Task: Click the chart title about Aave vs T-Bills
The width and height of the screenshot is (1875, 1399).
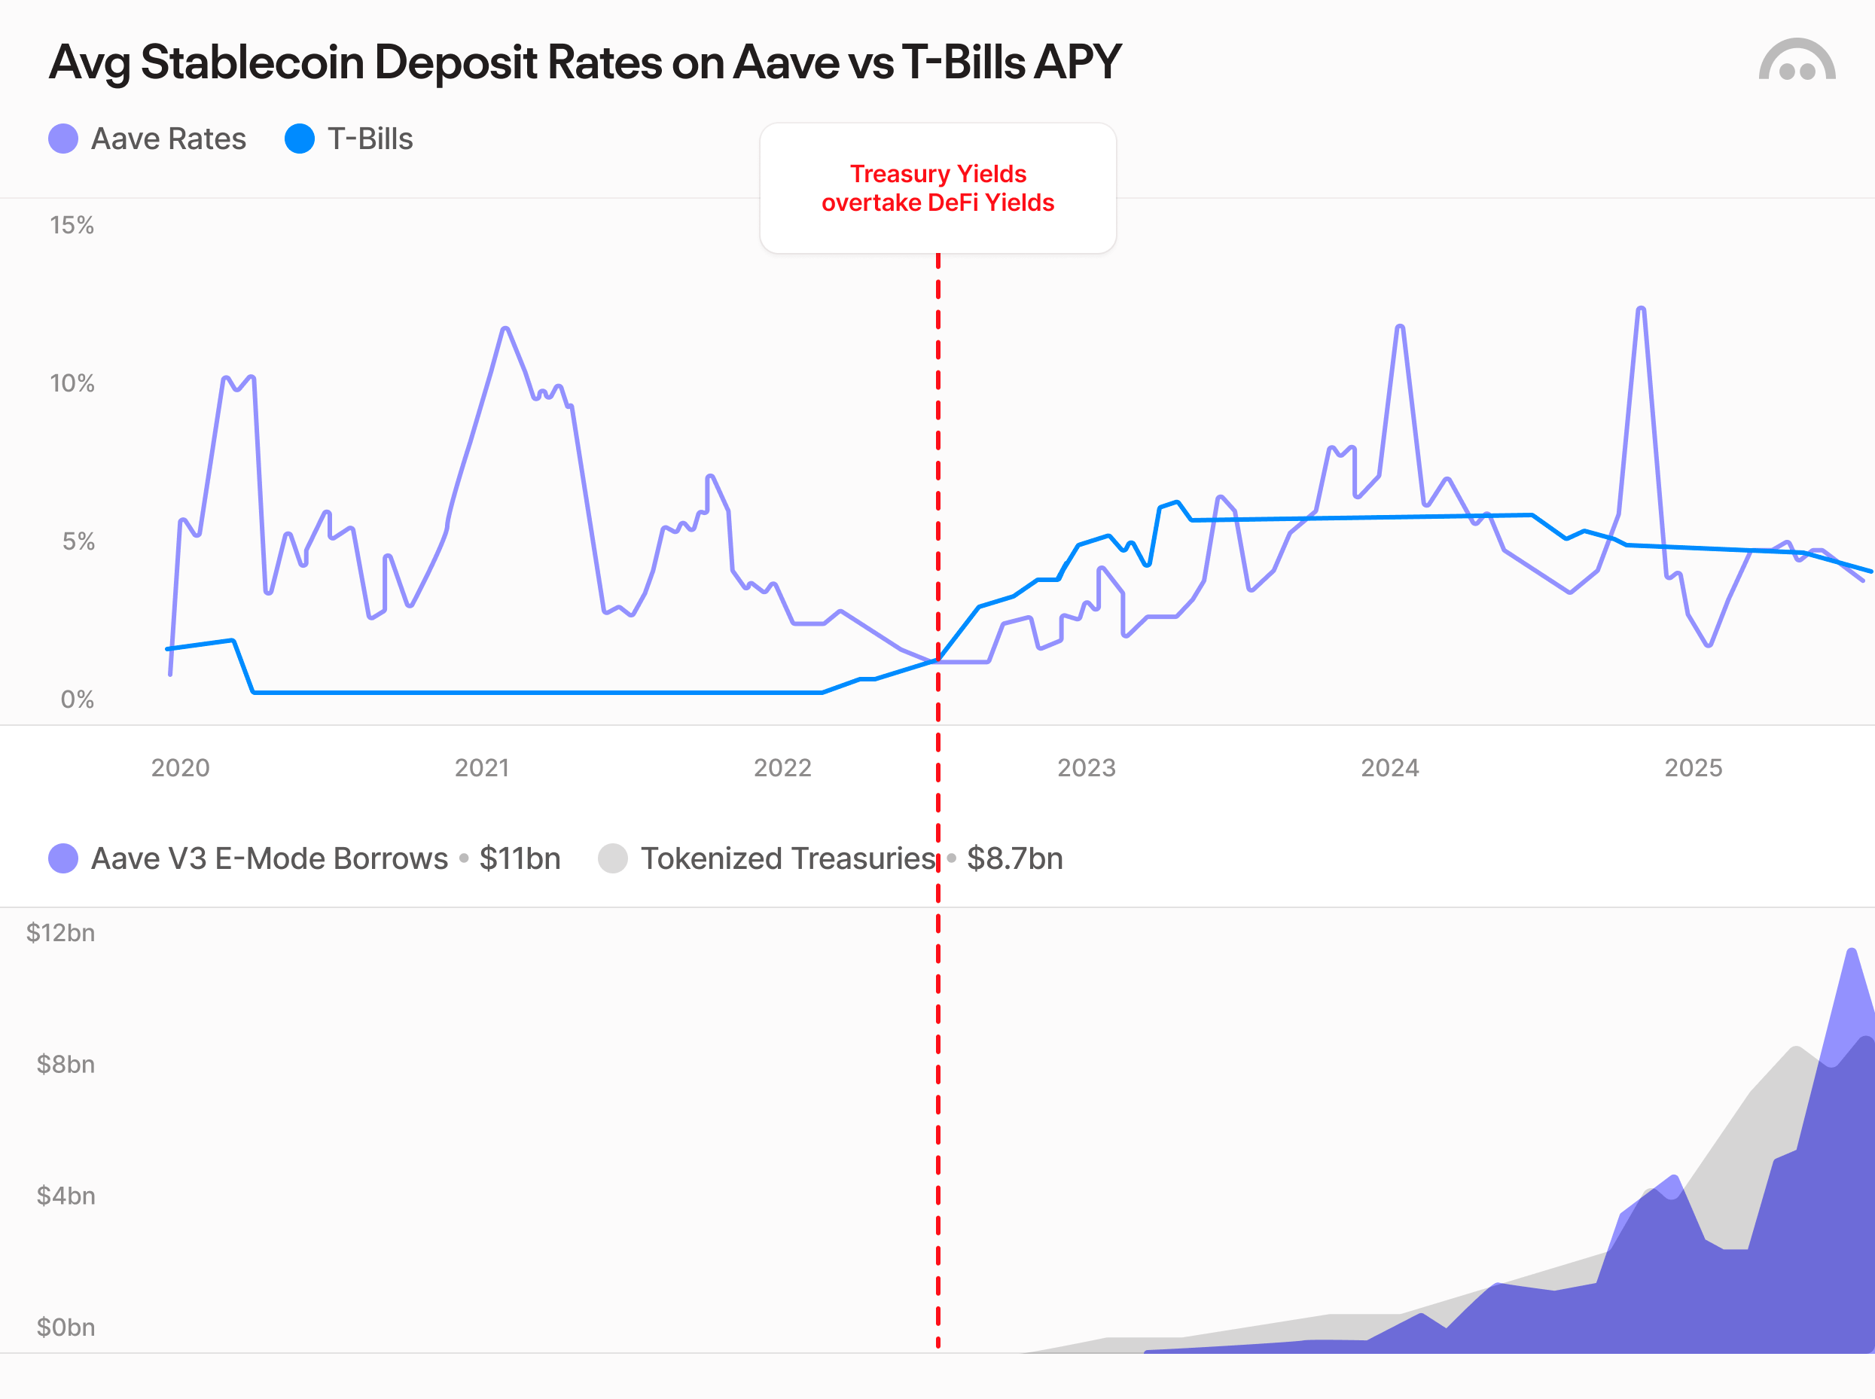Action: (584, 62)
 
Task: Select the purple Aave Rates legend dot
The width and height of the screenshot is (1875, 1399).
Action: (63, 139)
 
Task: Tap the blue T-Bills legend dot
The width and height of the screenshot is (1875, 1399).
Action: (300, 139)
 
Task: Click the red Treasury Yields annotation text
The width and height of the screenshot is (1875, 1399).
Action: (937, 188)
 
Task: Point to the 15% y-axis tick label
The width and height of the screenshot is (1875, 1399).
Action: (72, 225)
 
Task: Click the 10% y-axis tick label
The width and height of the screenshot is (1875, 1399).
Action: (72, 383)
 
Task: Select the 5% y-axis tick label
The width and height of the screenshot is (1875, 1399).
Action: (78, 542)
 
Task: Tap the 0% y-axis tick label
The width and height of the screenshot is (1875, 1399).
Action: (77, 699)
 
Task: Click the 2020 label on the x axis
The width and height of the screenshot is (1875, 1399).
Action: (181, 768)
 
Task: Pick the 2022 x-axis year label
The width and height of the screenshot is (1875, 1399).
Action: (782, 768)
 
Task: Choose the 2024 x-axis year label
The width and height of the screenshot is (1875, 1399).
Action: (1390, 768)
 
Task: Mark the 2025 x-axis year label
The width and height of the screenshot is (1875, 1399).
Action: (1693, 768)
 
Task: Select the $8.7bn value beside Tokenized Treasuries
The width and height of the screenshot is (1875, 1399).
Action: (1014, 858)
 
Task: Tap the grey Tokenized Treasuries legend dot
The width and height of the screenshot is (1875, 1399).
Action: (613, 858)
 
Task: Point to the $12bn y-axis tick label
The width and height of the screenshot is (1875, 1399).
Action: (60, 933)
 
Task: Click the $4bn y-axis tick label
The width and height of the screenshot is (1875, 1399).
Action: (66, 1196)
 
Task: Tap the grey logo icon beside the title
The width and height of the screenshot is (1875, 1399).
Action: (1796, 61)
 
